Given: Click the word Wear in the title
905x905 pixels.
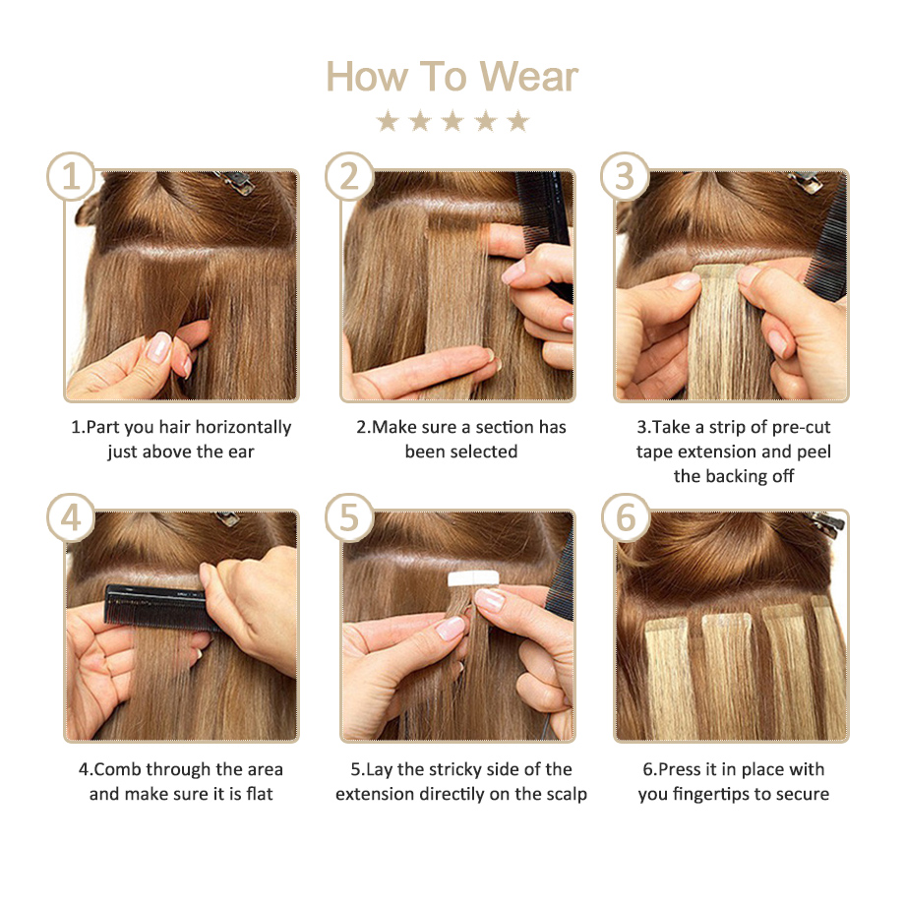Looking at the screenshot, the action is tap(528, 76).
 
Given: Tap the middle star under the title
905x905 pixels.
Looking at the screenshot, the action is tap(452, 121).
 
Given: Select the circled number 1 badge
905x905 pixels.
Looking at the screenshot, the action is tap(71, 176).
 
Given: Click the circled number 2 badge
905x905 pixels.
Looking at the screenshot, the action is tap(349, 176).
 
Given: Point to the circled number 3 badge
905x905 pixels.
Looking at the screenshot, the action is tap(625, 176).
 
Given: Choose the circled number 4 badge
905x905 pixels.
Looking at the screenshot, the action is tap(71, 517).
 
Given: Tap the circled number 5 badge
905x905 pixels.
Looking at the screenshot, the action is tap(349, 517).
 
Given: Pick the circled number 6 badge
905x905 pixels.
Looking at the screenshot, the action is tap(626, 517).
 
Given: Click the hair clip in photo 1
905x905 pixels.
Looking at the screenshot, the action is tap(235, 182).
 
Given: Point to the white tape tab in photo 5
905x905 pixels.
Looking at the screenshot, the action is tap(473, 578).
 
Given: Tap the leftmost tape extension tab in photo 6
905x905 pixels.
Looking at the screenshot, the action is tap(666, 628).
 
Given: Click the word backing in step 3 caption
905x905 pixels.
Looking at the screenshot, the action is tap(738, 477).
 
